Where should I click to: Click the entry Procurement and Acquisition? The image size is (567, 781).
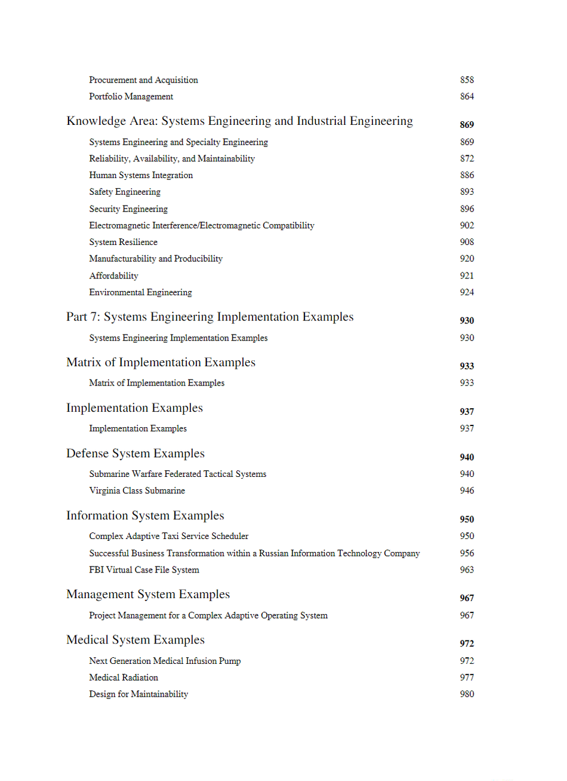point(143,80)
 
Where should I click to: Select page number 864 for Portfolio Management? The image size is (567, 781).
point(467,97)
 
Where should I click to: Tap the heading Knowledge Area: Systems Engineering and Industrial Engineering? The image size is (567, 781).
point(239,121)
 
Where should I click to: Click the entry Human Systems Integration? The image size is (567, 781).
point(141,176)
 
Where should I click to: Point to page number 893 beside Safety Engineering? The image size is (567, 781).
point(467,192)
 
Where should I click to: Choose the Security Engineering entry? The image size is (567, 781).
point(128,209)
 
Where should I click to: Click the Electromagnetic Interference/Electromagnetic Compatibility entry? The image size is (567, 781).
point(202,226)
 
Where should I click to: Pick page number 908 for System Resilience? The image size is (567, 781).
point(467,242)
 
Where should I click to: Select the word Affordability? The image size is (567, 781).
point(113,276)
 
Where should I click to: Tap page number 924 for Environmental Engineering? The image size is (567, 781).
point(467,293)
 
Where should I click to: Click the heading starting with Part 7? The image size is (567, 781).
point(209,317)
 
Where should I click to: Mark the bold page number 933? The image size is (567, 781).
point(467,366)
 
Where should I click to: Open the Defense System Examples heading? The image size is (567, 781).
point(135,454)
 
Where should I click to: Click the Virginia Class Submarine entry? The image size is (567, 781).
point(137,491)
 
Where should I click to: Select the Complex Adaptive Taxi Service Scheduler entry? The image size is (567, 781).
point(169,537)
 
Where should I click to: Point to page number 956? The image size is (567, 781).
point(467,553)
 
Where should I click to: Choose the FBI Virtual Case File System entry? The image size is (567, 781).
point(144,570)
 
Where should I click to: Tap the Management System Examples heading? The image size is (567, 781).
point(148,595)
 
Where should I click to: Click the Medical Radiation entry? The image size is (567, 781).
point(124,678)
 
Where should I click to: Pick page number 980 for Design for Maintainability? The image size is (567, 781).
point(467,694)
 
